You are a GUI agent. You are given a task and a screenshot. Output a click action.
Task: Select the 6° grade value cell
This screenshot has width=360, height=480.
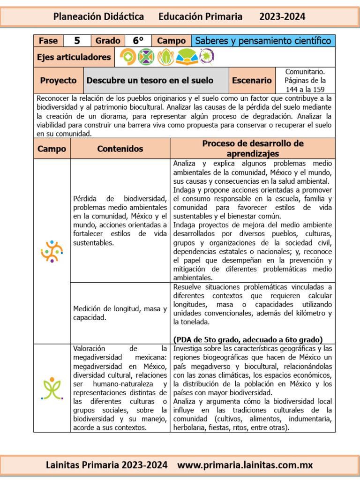[138, 41]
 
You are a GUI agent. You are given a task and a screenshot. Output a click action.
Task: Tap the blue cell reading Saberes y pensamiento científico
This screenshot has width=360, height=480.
[262, 41]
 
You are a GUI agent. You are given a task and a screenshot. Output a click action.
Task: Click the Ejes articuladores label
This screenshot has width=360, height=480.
[74, 57]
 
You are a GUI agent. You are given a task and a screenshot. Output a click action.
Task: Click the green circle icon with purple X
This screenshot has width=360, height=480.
[146, 57]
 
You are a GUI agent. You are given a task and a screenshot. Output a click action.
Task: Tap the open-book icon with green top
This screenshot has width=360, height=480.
[186, 57]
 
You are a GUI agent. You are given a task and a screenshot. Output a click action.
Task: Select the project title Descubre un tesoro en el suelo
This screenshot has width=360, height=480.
[150, 80]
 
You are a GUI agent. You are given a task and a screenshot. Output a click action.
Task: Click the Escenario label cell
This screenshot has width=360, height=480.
[252, 80]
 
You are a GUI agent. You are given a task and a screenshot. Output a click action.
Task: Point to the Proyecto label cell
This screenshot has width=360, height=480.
[58, 80]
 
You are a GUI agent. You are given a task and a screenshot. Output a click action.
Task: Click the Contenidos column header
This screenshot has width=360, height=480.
[120, 149]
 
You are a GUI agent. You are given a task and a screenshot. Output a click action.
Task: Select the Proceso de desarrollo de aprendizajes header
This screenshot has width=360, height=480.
[253, 149]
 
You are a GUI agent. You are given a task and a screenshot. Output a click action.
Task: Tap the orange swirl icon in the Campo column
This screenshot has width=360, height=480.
[52, 251]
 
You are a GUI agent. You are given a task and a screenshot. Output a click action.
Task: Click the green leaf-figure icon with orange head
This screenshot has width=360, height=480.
[52, 388]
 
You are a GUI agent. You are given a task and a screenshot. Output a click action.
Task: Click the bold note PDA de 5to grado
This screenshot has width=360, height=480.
[247, 339]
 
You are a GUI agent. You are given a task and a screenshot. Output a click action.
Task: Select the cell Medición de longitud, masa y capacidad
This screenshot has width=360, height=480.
[120, 313]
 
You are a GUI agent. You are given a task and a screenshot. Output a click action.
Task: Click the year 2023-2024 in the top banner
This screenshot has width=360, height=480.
[282, 17]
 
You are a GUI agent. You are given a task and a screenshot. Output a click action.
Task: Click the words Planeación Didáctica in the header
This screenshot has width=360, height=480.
[98, 17]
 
